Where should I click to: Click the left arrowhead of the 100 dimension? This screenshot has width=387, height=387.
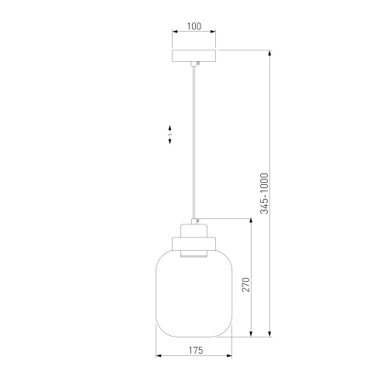point(173,34)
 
